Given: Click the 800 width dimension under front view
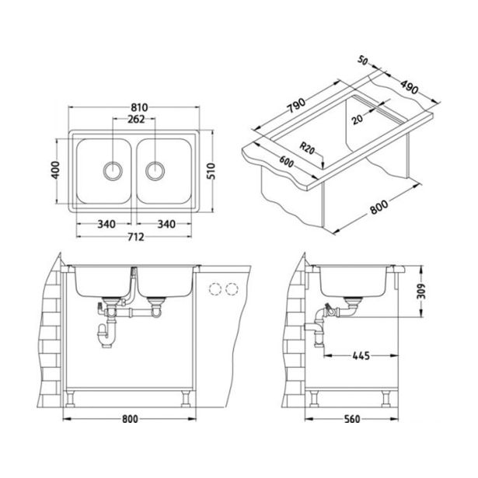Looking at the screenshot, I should click(x=130, y=420).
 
